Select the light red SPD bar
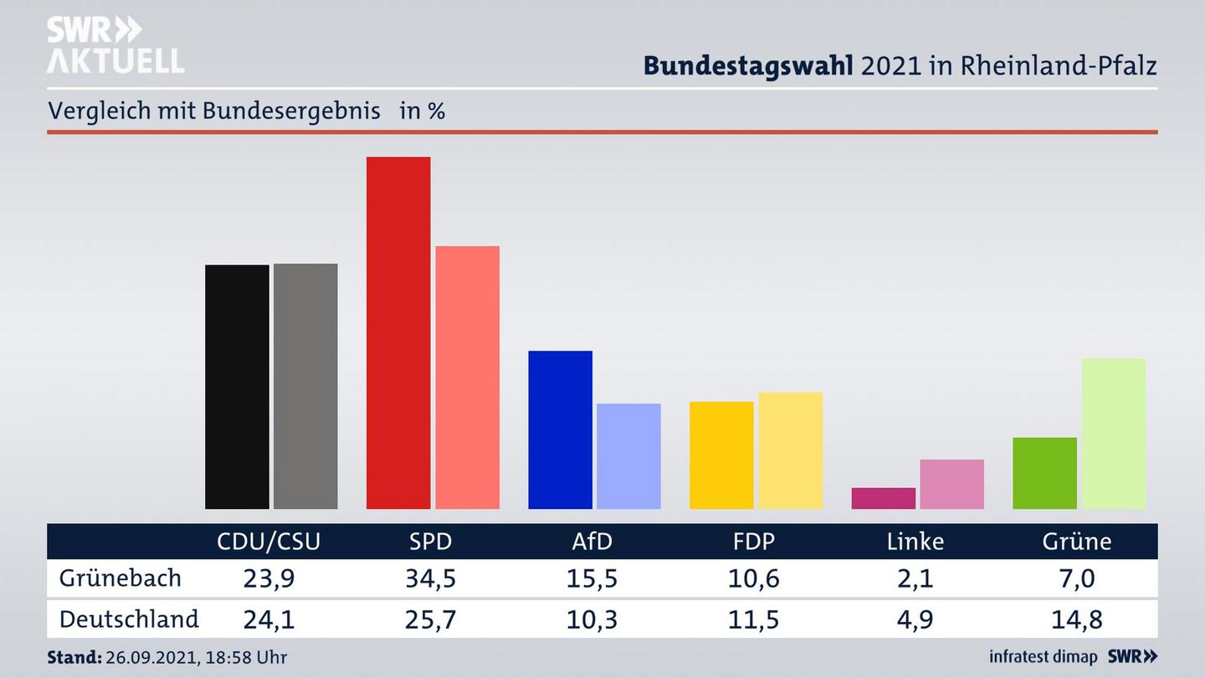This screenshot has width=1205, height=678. (x=467, y=377)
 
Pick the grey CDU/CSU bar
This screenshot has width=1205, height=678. (x=305, y=386)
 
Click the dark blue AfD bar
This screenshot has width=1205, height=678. (x=560, y=429)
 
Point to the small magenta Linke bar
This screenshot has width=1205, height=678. (x=883, y=498)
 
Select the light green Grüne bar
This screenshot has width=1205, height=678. (x=1113, y=433)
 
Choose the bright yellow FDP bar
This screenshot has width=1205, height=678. (x=721, y=455)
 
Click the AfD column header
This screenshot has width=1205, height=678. (x=592, y=542)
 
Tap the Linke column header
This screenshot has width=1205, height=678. (x=915, y=542)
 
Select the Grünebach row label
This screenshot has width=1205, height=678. (x=120, y=578)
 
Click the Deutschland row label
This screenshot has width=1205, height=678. (x=129, y=619)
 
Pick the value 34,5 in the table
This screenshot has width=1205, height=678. (x=430, y=578)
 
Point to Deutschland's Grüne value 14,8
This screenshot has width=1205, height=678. (x=1077, y=619)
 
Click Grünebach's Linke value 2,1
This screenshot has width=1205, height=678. (x=915, y=578)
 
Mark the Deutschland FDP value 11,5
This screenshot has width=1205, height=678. (x=753, y=619)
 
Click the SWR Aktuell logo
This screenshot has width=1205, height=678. (x=115, y=45)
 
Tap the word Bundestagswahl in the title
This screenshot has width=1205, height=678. (x=748, y=65)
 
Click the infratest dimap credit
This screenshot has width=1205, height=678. (x=1043, y=657)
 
